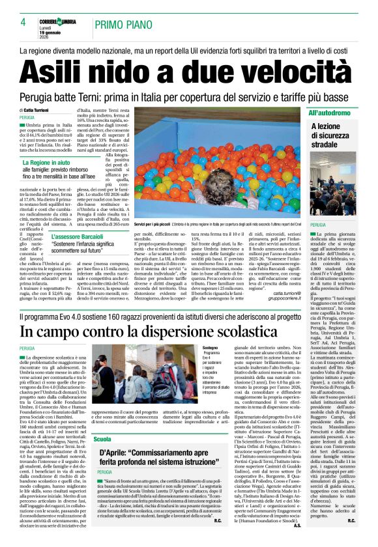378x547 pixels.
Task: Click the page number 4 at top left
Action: click(x=23, y=22)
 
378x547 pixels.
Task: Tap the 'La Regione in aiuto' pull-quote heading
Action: click(x=48, y=161)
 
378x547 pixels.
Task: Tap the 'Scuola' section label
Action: click(x=102, y=440)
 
